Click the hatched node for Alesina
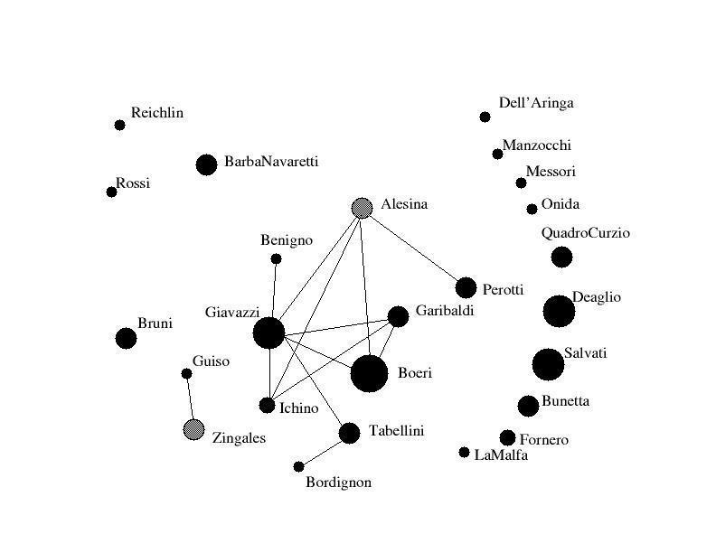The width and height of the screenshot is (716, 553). pyautogui.click(x=363, y=208)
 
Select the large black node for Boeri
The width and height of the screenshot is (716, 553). pyautogui.click(x=369, y=373)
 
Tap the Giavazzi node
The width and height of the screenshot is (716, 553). pyautogui.click(x=268, y=333)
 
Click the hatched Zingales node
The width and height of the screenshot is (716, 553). pyautogui.click(x=193, y=429)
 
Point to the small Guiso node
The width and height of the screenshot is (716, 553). pyautogui.click(x=186, y=373)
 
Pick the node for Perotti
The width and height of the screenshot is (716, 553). pyautogui.click(x=466, y=287)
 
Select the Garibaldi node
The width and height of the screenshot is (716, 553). pyautogui.click(x=398, y=316)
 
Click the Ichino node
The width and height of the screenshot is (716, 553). pyautogui.click(x=267, y=406)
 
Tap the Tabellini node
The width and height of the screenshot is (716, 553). pyautogui.click(x=349, y=433)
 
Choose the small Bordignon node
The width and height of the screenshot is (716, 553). pyautogui.click(x=299, y=467)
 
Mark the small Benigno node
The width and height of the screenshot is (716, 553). pyautogui.click(x=276, y=259)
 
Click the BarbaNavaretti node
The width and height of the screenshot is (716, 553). pyautogui.click(x=206, y=164)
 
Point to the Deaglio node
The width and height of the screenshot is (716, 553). pyautogui.click(x=559, y=311)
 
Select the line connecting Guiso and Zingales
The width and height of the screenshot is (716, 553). pyautogui.click(x=190, y=400)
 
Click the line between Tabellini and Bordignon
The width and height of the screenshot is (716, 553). pyautogui.click(x=324, y=450)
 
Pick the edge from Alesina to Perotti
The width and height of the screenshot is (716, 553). pyautogui.click(x=414, y=248)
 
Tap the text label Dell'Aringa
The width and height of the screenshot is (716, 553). pyautogui.click(x=536, y=103)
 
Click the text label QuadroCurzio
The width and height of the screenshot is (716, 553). pyautogui.click(x=586, y=233)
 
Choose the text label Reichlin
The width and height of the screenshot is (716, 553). pyautogui.click(x=157, y=113)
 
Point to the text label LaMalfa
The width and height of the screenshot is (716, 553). pyautogui.click(x=501, y=455)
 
